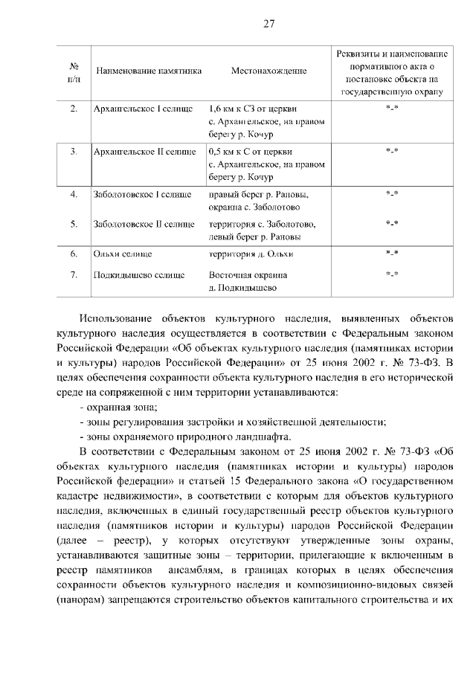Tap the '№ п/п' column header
tap(74, 71)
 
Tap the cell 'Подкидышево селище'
tap(138, 274)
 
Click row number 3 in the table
tap(74, 152)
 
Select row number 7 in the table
tap(74, 274)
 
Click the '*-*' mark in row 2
tap(392, 109)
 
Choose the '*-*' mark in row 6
tap(392, 254)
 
